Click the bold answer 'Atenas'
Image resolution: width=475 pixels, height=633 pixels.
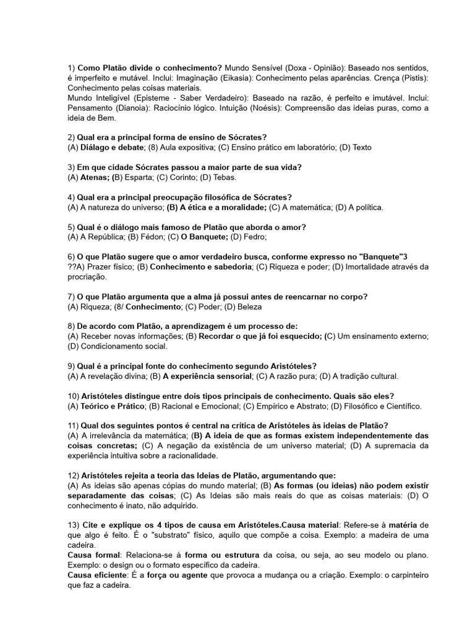pos(95,177)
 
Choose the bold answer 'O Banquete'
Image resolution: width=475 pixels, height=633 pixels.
pos(205,237)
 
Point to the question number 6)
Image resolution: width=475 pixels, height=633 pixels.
pos(71,257)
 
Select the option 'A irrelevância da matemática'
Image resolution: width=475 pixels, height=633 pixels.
pos(127,435)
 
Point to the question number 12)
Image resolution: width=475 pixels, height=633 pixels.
pos(73,475)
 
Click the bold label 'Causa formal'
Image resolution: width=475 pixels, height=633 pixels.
pos(94,555)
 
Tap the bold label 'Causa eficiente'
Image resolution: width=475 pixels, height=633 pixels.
pos(98,576)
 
